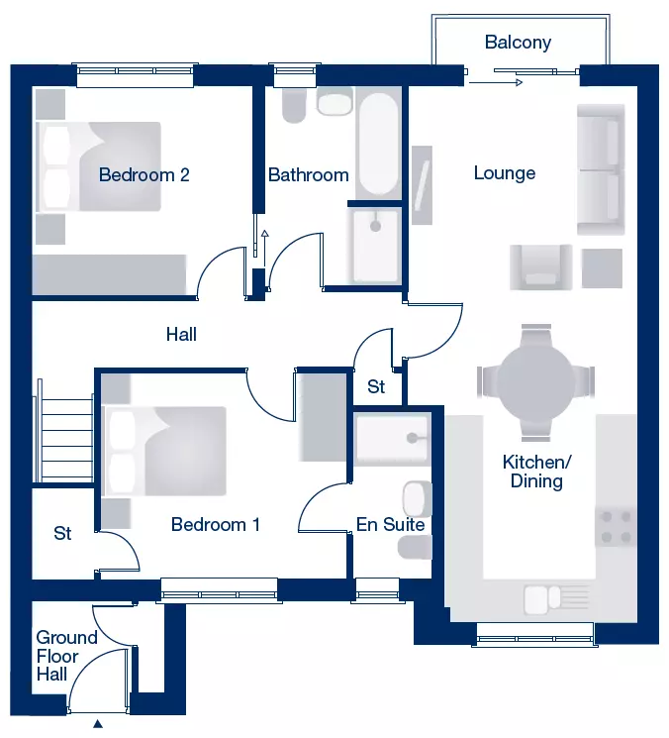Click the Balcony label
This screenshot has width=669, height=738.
[518, 43]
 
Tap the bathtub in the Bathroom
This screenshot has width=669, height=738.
[379, 143]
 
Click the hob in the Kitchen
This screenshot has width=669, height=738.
[616, 527]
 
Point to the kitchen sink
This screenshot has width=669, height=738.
[555, 599]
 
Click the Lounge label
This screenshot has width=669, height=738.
[505, 173]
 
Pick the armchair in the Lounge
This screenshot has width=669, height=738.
[541, 266]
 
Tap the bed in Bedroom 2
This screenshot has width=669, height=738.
[99, 166]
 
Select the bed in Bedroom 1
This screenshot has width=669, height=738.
[164, 452]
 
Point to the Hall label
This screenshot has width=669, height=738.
[181, 335]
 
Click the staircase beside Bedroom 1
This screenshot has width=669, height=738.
[63, 431]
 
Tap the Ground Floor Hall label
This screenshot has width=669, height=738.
[66, 656]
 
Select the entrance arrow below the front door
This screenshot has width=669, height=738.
[98, 723]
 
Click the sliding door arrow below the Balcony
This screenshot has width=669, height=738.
[496, 83]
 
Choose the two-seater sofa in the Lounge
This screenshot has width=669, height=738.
[601, 169]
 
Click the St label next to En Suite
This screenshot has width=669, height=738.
[376, 387]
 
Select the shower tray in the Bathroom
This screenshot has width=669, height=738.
[375, 246]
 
